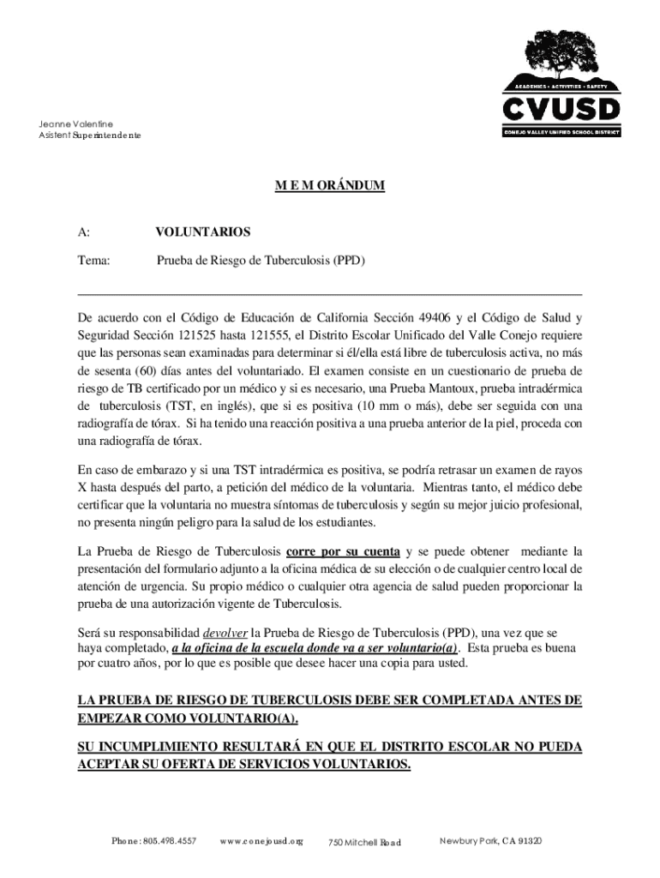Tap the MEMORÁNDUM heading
[x=329, y=184]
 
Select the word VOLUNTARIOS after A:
[x=202, y=232]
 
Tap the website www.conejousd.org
[x=261, y=840]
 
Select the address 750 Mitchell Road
[x=365, y=843]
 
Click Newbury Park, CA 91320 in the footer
[x=490, y=840]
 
